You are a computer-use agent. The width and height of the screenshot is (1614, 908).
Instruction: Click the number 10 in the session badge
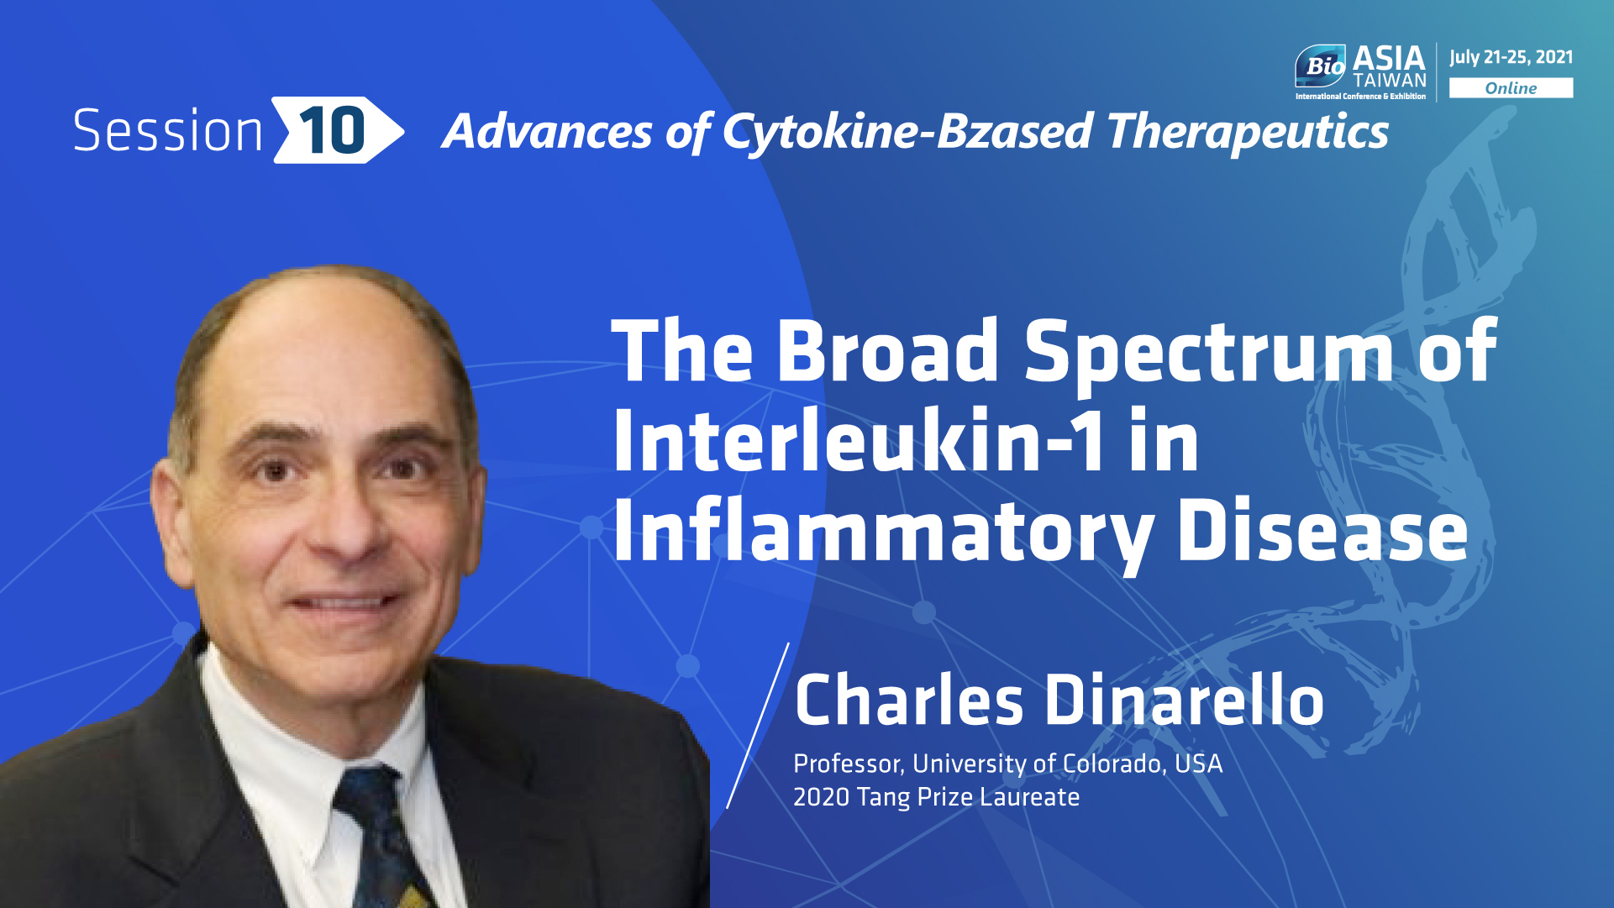pyautogui.click(x=332, y=130)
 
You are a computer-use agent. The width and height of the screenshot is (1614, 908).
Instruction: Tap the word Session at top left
pyautogui.click(x=168, y=131)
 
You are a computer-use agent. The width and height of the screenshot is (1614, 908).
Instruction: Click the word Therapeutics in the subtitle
pyautogui.click(x=1248, y=133)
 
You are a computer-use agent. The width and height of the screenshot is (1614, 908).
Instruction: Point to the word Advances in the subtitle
pyautogui.click(x=547, y=132)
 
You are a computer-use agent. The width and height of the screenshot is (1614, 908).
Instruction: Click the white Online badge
pyautogui.click(x=1511, y=88)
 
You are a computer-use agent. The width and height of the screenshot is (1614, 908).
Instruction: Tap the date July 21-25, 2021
pyautogui.click(x=1511, y=57)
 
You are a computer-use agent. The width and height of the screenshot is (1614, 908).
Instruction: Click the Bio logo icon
pyautogui.click(x=1321, y=66)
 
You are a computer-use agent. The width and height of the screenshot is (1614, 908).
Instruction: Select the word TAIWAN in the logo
pyautogui.click(x=1390, y=81)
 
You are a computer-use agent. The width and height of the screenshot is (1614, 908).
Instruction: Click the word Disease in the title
pyautogui.click(x=1322, y=531)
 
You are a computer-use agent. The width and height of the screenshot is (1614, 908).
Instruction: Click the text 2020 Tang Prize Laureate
pyautogui.click(x=936, y=796)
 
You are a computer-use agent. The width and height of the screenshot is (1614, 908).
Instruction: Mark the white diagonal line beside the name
pyautogui.click(x=758, y=726)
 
